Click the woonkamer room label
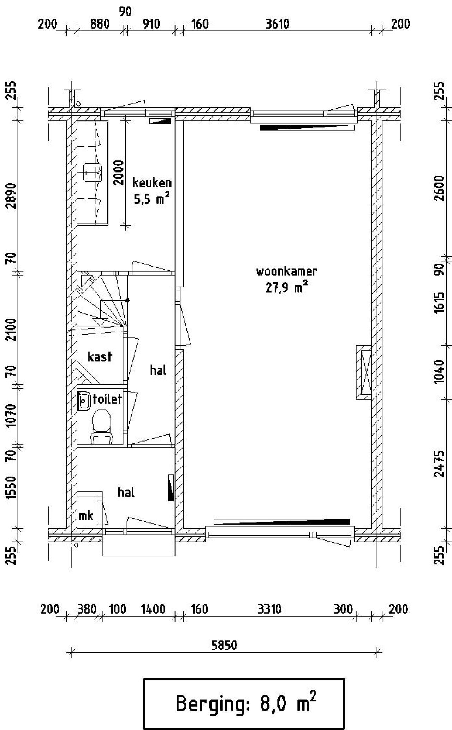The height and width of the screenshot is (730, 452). [x=286, y=272]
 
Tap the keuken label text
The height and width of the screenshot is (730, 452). [x=152, y=183]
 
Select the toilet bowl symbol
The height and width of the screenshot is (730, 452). [x=102, y=426]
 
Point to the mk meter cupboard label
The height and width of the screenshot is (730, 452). [x=86, y=516]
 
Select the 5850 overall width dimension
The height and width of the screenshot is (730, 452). [x=224, y=645]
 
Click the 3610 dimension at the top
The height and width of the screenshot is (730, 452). [x=277, y=24]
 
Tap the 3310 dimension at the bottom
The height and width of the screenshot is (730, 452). [x=269, y=609]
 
